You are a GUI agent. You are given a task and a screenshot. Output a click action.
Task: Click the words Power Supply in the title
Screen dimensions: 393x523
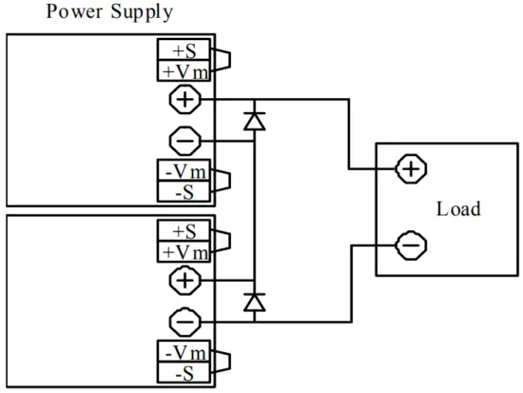[89, 12]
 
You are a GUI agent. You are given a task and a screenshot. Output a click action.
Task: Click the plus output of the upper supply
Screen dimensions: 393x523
[184, 98]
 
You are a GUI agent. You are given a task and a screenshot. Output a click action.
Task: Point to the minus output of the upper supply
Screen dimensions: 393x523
[184, 142]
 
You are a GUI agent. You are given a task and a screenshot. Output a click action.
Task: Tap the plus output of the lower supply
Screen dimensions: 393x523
[184, 279]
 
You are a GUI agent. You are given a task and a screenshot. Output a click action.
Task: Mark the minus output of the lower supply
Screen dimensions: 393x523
[184, 323]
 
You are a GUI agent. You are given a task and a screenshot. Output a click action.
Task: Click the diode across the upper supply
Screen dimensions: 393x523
[254, 120]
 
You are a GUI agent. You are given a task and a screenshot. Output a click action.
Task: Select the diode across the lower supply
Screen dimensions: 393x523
[254, 302]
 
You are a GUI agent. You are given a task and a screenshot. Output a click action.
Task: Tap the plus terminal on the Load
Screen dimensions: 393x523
[410, 169]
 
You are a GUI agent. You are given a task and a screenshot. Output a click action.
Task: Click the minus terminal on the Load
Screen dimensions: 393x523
[410, 246]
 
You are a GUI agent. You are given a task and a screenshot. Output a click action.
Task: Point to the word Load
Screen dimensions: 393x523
[458, 208]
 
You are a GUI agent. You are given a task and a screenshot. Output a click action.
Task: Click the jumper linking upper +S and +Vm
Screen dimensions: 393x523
[223, 60]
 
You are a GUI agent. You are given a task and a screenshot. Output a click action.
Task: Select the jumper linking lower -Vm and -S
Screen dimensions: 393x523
[223, 363]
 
